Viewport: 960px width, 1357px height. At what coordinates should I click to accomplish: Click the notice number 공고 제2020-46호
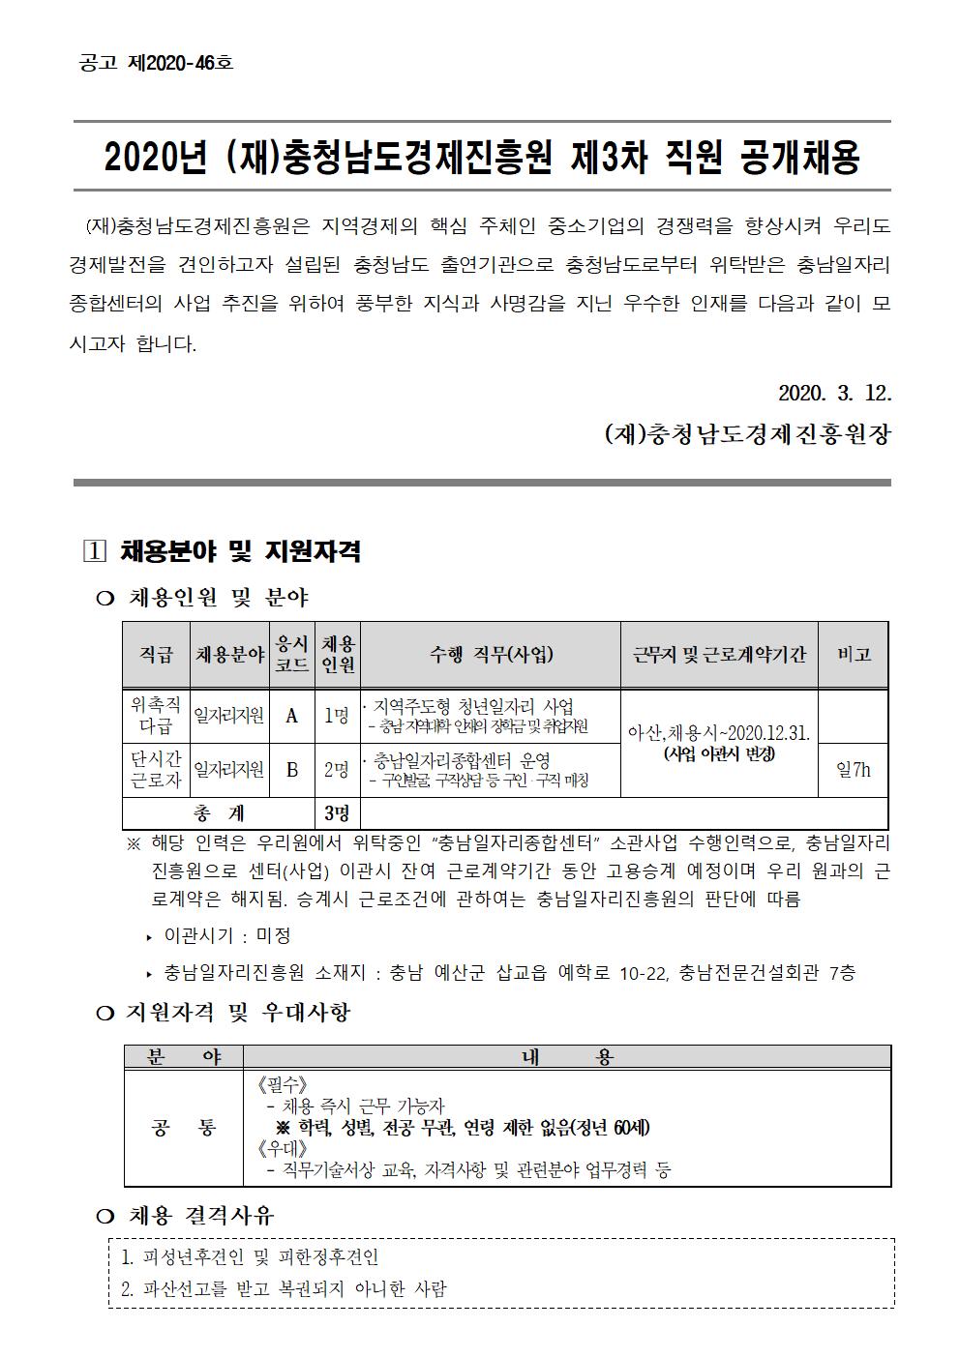155,64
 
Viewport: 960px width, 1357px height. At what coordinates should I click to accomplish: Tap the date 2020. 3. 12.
834,394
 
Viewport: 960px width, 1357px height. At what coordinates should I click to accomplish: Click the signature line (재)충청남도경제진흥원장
746,434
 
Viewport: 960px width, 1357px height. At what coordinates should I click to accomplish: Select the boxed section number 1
94,552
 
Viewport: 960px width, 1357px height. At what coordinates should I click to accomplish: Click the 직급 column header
156,655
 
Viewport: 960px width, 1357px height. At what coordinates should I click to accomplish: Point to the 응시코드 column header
291,655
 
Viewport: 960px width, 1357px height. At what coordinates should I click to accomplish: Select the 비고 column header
853,655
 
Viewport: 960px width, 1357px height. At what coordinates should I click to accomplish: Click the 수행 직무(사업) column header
491,655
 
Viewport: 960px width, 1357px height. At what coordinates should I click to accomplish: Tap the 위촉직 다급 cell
156,716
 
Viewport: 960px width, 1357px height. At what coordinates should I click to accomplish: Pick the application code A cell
291,716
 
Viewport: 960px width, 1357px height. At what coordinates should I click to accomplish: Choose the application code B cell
291,770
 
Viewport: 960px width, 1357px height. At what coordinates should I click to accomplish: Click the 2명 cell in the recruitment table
337,770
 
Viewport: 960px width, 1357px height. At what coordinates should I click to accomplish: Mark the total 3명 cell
337,812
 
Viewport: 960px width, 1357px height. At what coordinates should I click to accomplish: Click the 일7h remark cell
853,770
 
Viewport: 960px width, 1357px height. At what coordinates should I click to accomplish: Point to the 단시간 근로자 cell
156,770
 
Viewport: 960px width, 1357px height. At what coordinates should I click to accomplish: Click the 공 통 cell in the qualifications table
184,1128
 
